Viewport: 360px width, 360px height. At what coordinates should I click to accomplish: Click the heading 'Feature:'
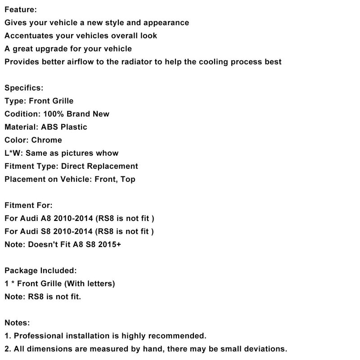click(21, 9)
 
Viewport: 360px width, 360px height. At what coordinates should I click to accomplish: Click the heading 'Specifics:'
click(24, 88)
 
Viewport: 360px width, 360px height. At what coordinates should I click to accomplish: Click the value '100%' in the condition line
click(54, 114)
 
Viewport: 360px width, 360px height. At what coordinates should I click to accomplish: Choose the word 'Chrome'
click(46, 140)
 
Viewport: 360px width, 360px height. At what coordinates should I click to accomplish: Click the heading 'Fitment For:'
click(28, 205)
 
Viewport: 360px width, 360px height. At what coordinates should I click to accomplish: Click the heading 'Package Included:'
click(40, 270)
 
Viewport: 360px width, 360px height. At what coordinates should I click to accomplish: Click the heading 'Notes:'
click(17, 323)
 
